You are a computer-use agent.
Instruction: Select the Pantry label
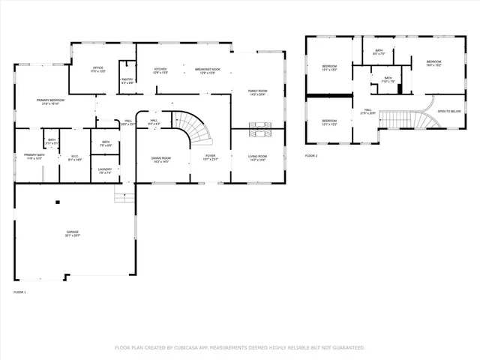127,81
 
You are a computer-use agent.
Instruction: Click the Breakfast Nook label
206,69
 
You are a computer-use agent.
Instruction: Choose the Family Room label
258,92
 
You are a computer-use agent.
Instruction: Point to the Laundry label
105,170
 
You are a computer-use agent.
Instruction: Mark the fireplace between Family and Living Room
258,128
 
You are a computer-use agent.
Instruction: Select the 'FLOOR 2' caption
311,155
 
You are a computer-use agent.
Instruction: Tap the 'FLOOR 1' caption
19,291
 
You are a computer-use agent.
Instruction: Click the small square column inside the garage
58,202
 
